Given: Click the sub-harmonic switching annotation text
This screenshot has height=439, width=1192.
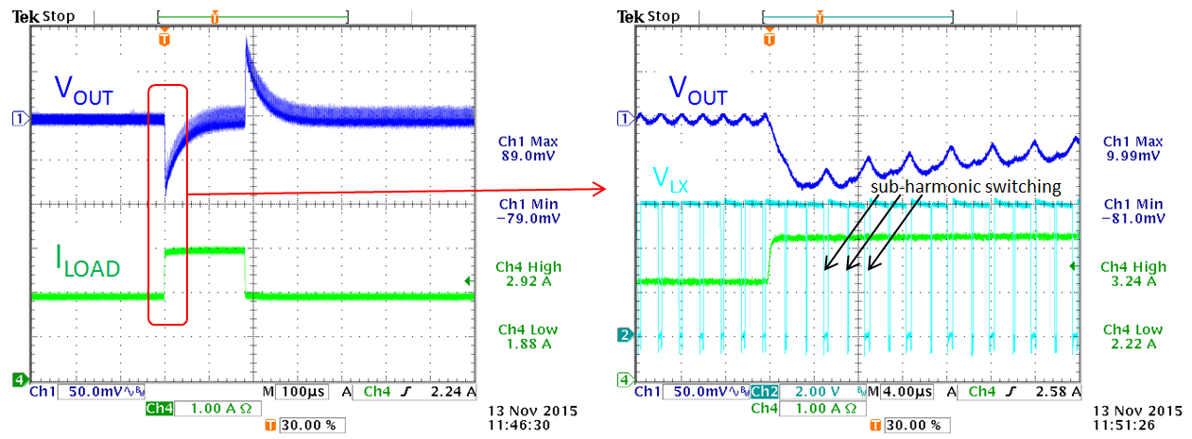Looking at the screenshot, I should (965, 187).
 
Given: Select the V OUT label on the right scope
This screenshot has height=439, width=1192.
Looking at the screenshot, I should (698, 91).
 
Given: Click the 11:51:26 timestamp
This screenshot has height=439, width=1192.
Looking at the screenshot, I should (1135, 426).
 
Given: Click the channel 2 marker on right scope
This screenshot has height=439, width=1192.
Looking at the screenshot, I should (622, 335).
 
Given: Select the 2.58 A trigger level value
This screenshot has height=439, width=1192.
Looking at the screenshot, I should (1055, 391).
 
